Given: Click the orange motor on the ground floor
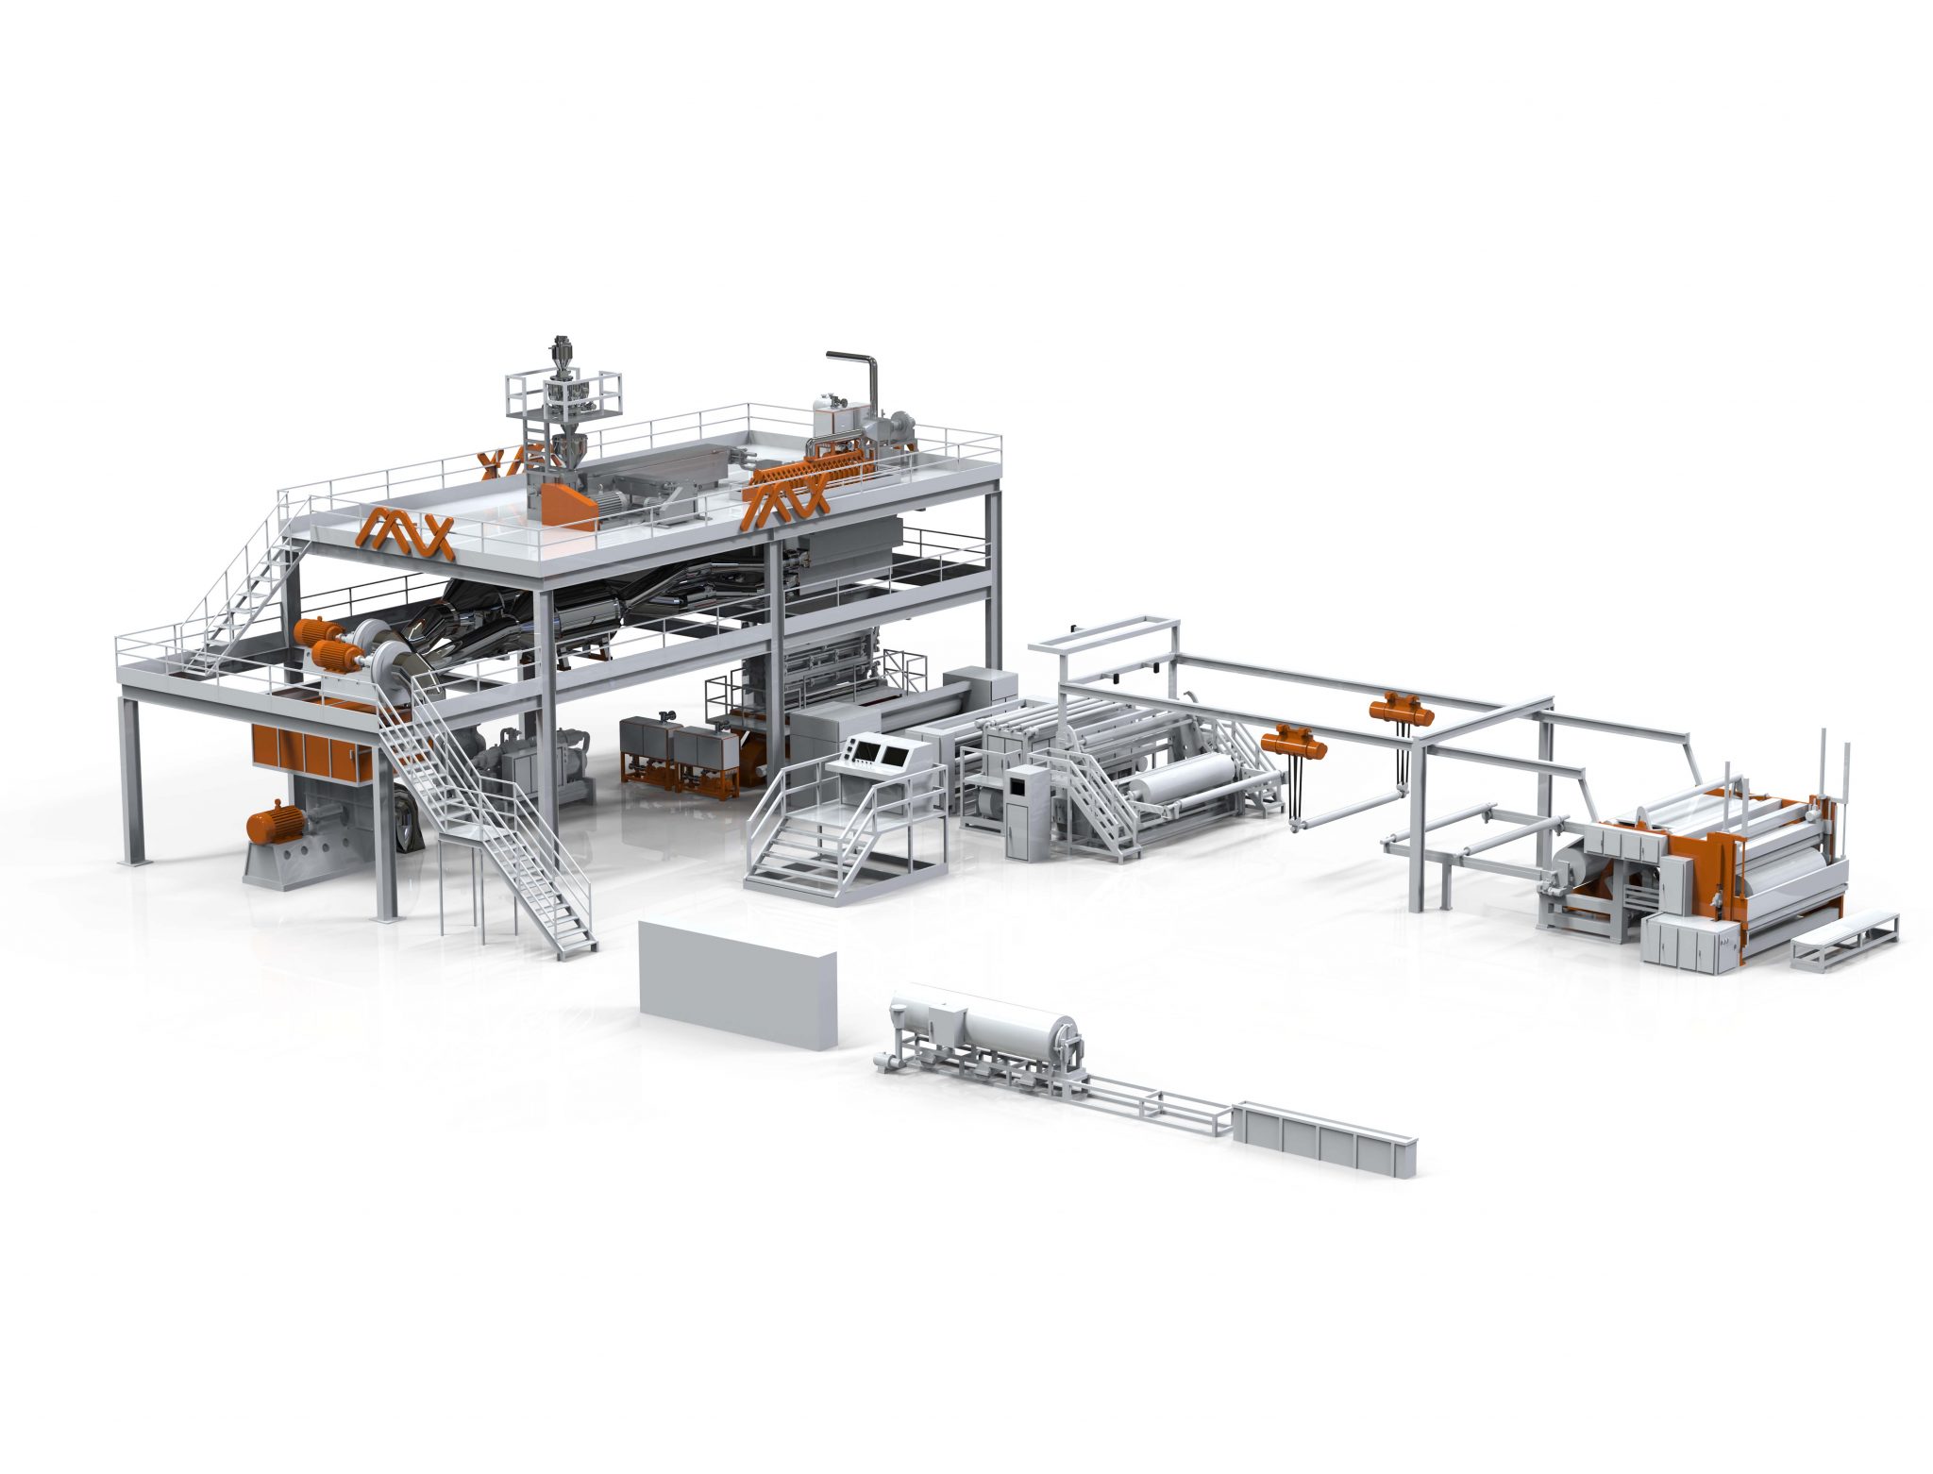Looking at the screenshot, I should pos(273,822).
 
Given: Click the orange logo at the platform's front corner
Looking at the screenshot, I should pos(405,532).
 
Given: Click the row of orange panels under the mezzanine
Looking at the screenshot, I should pos(311,752).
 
